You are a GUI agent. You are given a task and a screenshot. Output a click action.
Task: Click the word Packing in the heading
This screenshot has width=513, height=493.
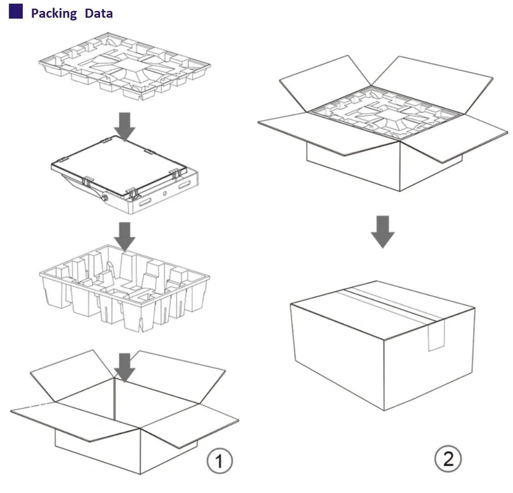54,14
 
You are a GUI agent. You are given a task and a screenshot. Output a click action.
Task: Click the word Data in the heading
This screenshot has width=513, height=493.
99,14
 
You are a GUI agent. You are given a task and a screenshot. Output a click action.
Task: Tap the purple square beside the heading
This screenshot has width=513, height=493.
16,11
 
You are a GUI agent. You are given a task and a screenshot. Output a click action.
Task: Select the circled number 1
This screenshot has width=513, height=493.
220,462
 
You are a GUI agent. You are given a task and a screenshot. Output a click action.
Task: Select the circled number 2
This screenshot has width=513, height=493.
448,458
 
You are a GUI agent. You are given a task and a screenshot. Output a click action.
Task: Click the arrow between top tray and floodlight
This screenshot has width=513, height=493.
125,125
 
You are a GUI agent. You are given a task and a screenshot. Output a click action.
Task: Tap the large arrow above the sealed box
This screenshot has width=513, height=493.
382,231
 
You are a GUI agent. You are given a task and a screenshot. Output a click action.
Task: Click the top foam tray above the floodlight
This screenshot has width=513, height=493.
125,66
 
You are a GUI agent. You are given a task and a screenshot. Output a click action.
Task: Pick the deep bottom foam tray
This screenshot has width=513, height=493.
125,289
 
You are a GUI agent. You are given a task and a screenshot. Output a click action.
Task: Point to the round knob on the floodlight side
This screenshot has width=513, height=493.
106,198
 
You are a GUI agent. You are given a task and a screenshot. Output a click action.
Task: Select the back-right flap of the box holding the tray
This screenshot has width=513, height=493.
432,84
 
